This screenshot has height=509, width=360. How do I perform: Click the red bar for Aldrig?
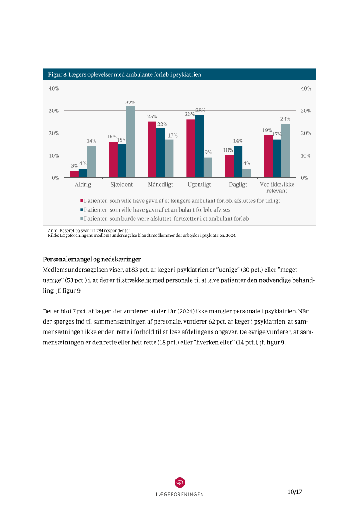(x=74, y=174)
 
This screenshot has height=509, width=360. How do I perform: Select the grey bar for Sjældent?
(x=130, y=142)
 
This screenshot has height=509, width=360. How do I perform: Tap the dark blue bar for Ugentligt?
(x=199, y=146)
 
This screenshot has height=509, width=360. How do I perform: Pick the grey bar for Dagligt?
(x=247, y=173)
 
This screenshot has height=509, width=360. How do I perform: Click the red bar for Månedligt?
(x=151, y=150)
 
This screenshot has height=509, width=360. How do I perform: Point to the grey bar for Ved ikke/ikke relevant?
(x=286, y=151)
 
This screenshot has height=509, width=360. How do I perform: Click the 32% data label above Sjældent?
(x=130, y=103)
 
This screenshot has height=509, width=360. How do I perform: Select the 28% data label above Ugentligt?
(x=200, y=111)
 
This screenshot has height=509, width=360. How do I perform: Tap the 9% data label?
(x=208, y=152)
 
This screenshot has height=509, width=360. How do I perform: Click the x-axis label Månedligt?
(x=160, y=185)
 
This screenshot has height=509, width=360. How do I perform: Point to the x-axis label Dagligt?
(x=238, y=185)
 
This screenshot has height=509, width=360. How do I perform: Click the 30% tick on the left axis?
(x=54, y=111)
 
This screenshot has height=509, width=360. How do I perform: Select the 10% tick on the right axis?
(x=306, y=155)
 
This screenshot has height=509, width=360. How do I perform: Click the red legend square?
(x=81, y=201)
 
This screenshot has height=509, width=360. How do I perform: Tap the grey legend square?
(x=81, y=219)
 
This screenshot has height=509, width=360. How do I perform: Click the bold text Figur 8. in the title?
(x=57, y=74)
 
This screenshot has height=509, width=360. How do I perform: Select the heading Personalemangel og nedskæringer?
(x=91, y=260)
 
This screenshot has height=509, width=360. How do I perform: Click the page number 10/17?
(x=295, y=492)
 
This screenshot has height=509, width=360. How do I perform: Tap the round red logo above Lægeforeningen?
(x=180, y=482)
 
